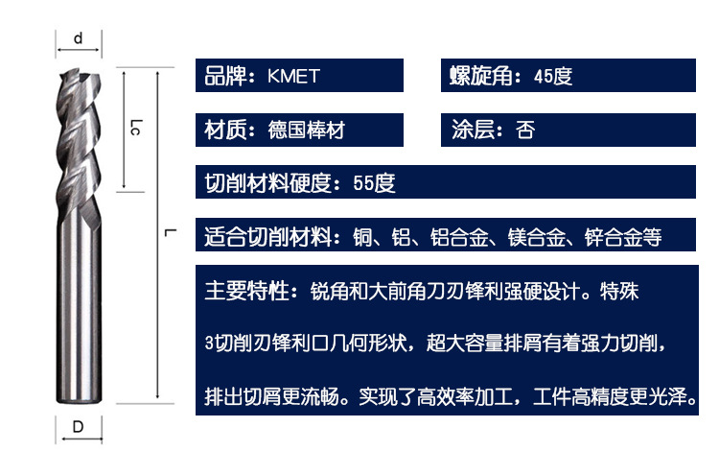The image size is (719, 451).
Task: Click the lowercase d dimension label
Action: [x=78, y=37]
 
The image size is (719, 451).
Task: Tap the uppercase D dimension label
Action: [x=78, y=427]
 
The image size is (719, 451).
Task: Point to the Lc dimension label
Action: [x=136, y=127]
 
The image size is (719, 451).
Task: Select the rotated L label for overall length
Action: [x=170, y=232]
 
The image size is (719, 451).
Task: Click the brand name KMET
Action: [x=293, y=76]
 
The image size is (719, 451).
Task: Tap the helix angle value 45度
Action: [x=552, y=76]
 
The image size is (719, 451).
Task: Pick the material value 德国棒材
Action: [x=307, y=130]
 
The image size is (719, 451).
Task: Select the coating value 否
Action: [x=525, y=130]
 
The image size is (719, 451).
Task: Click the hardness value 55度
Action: [x=374, y=183]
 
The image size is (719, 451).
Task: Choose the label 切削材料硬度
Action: [x=267, y=183]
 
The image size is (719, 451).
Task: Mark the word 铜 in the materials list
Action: [x=362, y=237]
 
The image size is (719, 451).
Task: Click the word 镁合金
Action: [x=536, y=237]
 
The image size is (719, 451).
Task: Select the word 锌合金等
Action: [x=623, y=237]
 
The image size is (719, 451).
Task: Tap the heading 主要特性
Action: [x=246, y=291]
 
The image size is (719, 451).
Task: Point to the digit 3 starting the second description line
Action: [x=209, y=344]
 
